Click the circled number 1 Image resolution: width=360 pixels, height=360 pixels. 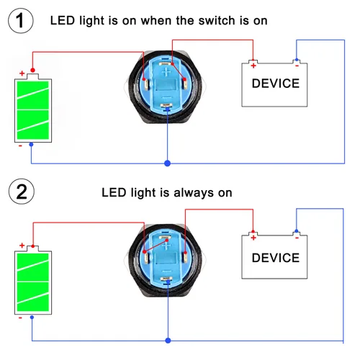(21, 21)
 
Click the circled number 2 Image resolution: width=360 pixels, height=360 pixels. (22, 192)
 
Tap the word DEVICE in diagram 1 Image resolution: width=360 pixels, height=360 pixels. (276, 84)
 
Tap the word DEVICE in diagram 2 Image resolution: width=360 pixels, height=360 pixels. (276, 258)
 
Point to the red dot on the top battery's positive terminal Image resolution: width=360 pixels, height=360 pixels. (32, 70)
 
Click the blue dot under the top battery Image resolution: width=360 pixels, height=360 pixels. (31, 145)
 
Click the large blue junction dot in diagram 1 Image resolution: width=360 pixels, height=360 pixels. (168, 163)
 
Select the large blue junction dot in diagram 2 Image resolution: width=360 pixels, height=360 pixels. (168, 341)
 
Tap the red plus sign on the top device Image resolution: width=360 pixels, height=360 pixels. (253, 66)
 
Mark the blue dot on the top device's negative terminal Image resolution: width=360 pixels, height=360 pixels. (297, 60)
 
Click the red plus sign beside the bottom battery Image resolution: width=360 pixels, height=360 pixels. (22, 246)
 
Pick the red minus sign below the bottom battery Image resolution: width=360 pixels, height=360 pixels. (20, 318)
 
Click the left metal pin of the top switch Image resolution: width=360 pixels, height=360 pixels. (146, 84)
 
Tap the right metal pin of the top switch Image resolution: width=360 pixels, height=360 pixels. (186, 84)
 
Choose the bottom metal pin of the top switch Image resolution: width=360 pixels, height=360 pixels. (166, 105)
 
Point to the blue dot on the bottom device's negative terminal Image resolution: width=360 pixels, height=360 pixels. (297, 231)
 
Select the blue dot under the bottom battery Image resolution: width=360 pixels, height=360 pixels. (32, 318)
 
